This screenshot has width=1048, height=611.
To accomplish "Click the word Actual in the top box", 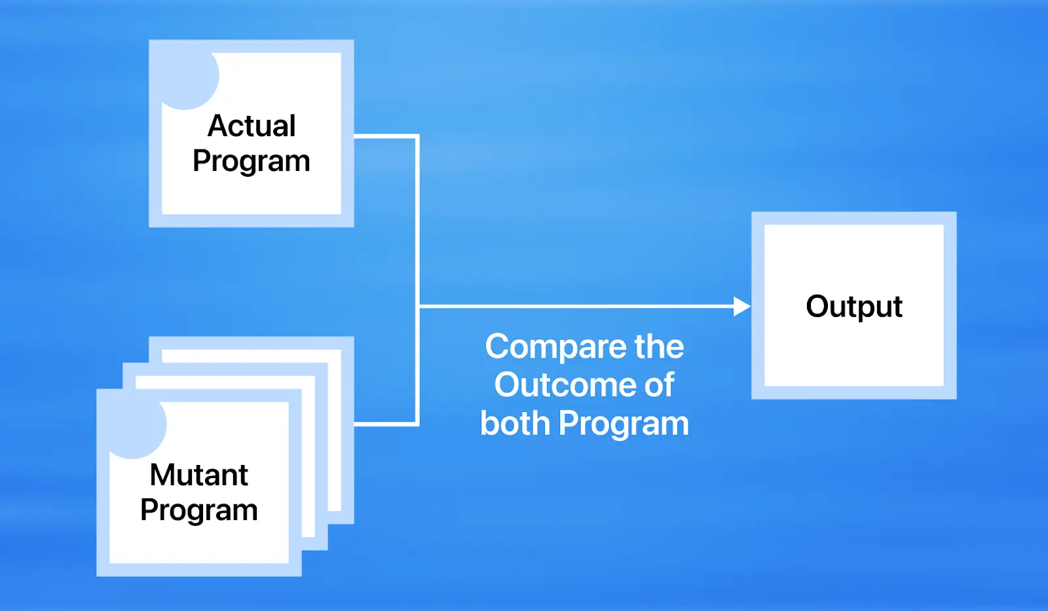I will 252,126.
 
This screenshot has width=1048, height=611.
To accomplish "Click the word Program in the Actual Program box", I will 252,162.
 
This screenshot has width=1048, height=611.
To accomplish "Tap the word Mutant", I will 198,475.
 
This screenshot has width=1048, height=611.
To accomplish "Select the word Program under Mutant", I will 198,511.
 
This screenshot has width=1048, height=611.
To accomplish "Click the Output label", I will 853,306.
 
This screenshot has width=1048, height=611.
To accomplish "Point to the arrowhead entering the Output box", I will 741,306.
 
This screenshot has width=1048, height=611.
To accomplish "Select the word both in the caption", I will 515,424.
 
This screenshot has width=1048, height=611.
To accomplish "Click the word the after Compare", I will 658,346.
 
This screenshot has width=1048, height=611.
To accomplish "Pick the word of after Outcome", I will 659,385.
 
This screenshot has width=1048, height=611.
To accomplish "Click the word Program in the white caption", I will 624,424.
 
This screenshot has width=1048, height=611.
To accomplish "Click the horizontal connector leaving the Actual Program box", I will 385,136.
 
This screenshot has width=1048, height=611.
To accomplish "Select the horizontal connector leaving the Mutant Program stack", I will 385,424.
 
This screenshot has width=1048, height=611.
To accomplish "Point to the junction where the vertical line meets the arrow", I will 418,306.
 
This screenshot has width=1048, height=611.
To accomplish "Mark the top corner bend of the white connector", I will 417,137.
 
